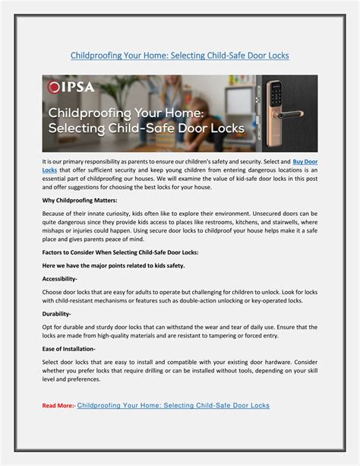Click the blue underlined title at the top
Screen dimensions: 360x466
tap(179, 55)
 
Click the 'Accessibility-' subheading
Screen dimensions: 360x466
tap(65, 279)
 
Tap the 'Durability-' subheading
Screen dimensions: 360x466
tap(57, 313)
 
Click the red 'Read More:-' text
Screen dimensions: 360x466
tap(58, 406)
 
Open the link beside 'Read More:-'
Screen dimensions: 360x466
tap(173, 406)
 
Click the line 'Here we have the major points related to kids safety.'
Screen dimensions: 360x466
tap(113, 265)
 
